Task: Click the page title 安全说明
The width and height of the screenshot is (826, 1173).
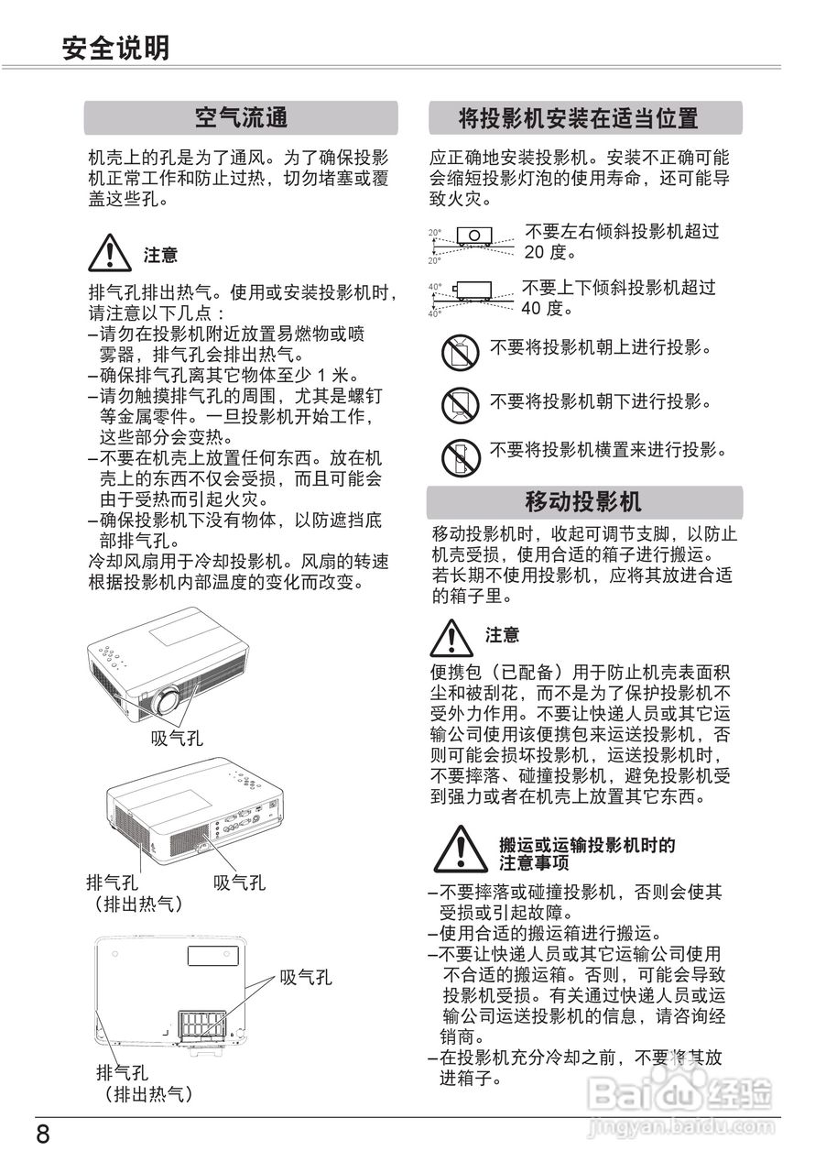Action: coord(115,47)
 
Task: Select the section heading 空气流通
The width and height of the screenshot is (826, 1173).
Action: coord(241,117)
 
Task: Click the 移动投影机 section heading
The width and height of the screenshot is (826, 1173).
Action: coord(584,501)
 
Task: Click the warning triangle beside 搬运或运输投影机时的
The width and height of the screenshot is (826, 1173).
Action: coord(462,850)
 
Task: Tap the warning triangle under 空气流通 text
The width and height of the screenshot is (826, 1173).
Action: coord(109,253)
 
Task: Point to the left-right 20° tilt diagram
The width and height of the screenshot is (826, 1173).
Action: coord(473,240)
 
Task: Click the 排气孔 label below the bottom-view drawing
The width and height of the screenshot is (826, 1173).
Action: coord(123,1073)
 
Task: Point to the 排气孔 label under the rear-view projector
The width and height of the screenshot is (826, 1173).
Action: coord(112,883)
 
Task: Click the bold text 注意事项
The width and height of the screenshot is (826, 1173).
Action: coord(534,863)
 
